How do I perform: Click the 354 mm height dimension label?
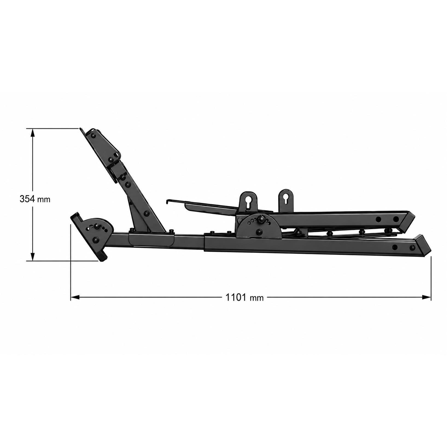35,199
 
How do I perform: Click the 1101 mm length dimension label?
244,297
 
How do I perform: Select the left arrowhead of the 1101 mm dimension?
75,297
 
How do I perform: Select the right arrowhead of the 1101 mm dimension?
426,297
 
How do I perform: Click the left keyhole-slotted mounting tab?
248,201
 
